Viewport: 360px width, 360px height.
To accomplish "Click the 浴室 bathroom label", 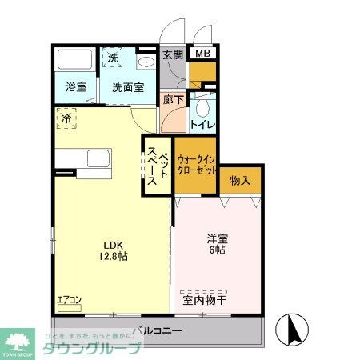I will tap(76, 87).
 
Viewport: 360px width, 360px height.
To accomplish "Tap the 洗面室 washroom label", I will tap(128, 87).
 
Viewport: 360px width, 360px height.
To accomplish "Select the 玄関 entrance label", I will tap(173, 55).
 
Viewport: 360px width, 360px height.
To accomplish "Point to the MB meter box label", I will tap(204, 54).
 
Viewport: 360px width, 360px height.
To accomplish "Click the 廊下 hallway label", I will tap(173, 100).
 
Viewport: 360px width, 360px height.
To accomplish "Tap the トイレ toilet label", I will tap(201, 124).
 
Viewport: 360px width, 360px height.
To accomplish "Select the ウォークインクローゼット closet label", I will tap(196, 165).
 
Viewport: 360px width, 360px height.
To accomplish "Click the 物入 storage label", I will tap(240, 181).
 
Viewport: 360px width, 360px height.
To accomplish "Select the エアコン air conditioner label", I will tap(69, 300).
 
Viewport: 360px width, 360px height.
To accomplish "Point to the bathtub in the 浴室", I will tap(77, 59).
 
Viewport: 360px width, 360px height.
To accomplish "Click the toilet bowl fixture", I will tap(205, 105).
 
